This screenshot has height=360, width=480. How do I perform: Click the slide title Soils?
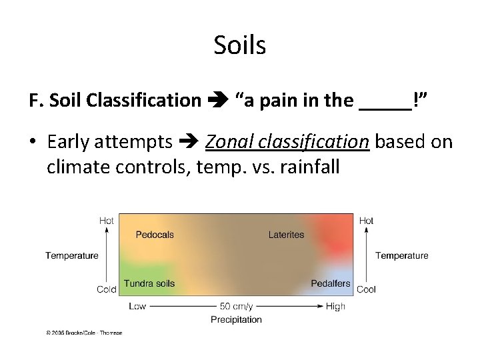click(x=240, y=45)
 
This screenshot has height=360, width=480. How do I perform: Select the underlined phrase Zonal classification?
click(x=287, y=142)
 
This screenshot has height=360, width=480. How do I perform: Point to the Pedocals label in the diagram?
click(x=155, y=235)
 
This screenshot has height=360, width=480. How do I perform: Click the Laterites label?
click(x=286, y=235)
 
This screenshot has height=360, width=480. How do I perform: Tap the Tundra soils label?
click(x=149, y=283)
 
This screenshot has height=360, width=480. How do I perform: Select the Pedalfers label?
click(x=330, y=283)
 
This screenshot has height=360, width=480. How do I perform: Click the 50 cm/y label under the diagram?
click(x=236, y=306)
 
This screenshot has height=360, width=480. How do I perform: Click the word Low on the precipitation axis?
click(x=137, y=306)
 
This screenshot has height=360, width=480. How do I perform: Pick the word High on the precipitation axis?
click(x=336, y=306)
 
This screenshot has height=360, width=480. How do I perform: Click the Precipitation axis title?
click(x=236, y=319)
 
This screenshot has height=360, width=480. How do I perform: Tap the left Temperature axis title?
click(x=71, y=255)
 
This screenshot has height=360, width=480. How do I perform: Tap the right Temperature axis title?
click(x=401, y=255)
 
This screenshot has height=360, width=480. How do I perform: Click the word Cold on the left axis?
click(x=106, y=289)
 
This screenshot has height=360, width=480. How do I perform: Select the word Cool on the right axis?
click(x=366, y=289)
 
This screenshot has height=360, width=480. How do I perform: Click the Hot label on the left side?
click(x=106, y=221)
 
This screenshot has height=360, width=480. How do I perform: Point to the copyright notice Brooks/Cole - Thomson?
click(x=84, y=332)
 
